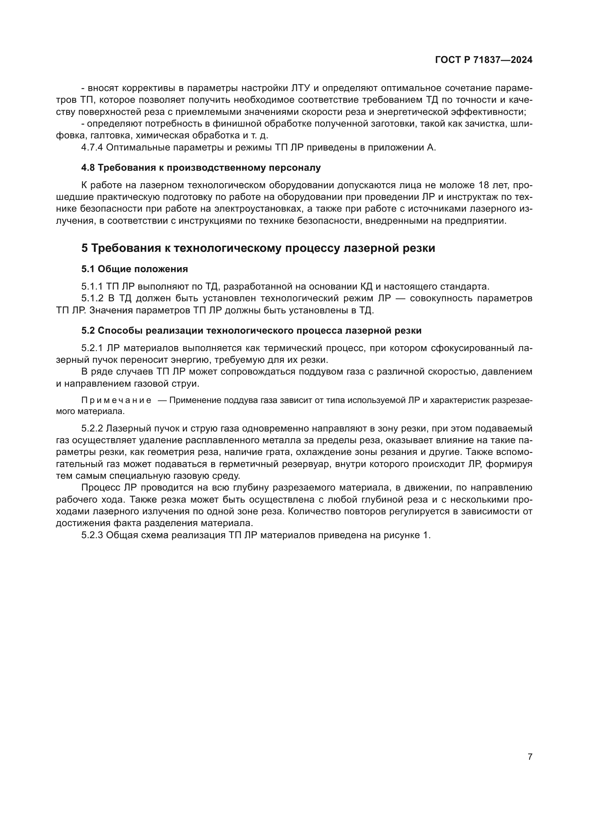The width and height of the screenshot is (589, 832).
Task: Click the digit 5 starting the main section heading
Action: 84,248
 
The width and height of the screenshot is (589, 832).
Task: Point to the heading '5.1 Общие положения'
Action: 135,269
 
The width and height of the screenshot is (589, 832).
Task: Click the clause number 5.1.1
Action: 92,287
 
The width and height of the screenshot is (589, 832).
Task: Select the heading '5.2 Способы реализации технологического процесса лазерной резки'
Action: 251,330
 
